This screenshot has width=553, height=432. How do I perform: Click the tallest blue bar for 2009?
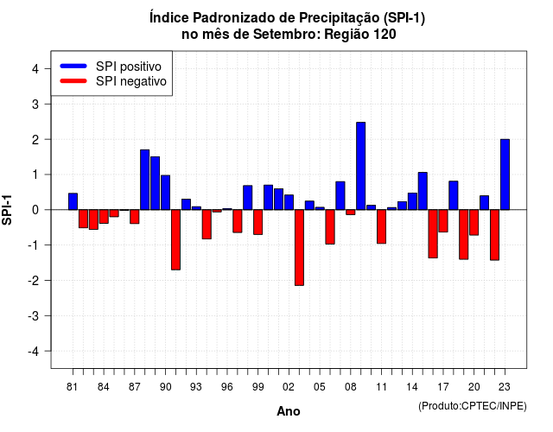[x=361, y=166]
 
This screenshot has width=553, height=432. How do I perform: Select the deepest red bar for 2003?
[x=299, y=248]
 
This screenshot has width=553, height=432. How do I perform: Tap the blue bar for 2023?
[x=505, y=175]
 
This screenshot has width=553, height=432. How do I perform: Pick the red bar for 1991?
[x=175, y=240]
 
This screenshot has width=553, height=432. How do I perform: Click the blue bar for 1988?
[x=144, y=180]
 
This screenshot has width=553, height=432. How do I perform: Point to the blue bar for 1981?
[x=73, y=201]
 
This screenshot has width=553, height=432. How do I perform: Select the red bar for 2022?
[x=494, y=235]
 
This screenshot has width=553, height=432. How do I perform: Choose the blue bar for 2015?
[x=423, y=191]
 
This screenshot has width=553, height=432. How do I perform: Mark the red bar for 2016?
[x=433, y=234]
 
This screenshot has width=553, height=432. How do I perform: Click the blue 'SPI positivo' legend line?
[x=73, y=66]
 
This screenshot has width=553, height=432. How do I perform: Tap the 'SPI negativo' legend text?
[x=131, y=81]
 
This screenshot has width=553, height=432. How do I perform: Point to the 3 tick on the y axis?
[x=48, y=104]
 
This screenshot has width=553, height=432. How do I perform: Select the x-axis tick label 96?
[x=227, y=387]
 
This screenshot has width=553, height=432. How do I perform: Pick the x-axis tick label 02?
[x=289, y=387]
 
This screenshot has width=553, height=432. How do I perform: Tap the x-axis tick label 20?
[x=474, y=387]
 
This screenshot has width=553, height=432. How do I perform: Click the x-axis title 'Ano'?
[x=289, y=411]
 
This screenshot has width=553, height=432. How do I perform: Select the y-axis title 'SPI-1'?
[x=7, y=210]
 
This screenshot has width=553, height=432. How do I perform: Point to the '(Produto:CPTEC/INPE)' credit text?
[x=473, y=406]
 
